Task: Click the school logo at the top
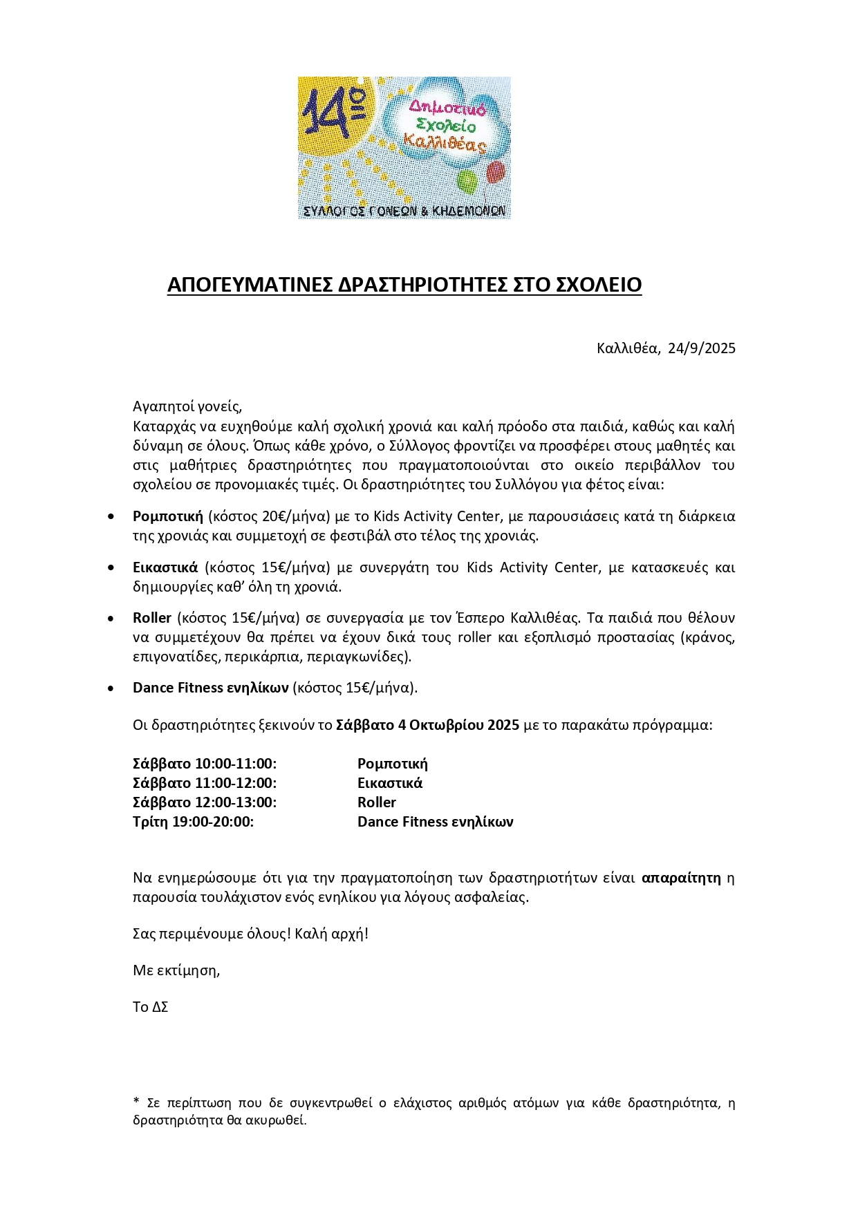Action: pos(404,148)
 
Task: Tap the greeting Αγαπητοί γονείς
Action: pos(187,406)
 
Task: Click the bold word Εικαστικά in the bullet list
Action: pos(165,567)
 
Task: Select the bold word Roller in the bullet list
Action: pos(152,618)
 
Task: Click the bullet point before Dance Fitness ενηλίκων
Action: pos(111,688)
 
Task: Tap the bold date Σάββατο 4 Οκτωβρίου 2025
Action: pos(427,726)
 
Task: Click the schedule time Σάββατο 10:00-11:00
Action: pos(205,764)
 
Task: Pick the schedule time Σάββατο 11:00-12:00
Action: pos(205,783)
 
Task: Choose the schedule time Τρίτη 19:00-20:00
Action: pos(193,822)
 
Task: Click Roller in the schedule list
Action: pos(377,802)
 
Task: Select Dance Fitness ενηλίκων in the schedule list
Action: pos(435,822)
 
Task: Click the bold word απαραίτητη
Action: pos(681,878)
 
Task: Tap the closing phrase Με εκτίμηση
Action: pos(176,970)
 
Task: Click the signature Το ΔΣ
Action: pos(151,1007)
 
